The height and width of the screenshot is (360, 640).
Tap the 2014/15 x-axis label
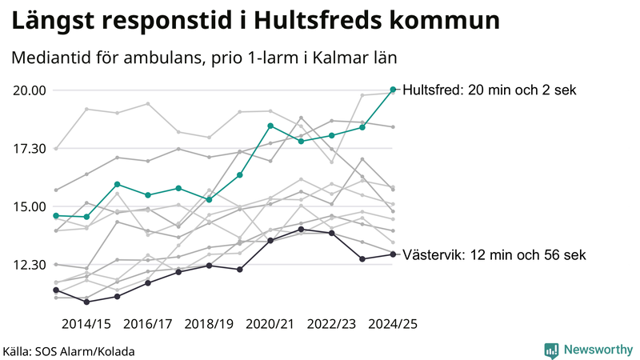point(86,324)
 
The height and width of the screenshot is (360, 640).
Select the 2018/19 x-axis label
point(209,324)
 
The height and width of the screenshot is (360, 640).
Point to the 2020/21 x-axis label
point(270,324)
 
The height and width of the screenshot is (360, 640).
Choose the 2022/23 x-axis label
point(331,324)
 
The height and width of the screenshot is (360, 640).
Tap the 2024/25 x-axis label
point(393,324)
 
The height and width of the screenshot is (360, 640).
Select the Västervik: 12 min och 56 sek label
point(494,255)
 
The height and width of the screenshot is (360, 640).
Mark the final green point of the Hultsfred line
point(393,90)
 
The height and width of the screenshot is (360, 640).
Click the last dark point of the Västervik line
point(393,254)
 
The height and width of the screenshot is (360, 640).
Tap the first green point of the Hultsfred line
point(56,216)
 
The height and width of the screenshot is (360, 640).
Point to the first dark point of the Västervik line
point(56,290)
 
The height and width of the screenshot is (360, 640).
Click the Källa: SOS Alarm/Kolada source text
point(69,351)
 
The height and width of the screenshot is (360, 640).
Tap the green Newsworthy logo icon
point(551,350)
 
